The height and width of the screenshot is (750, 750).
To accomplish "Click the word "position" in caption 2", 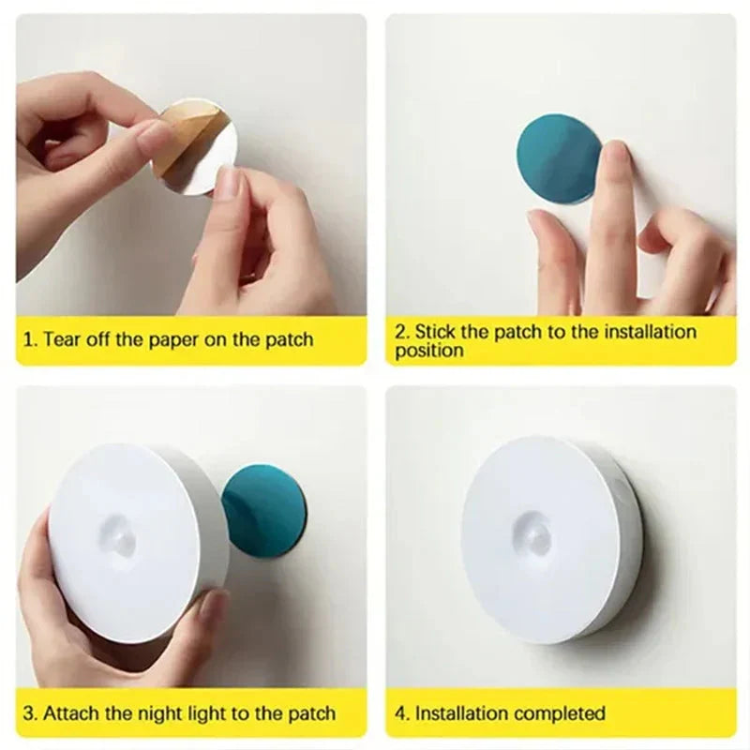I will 428,352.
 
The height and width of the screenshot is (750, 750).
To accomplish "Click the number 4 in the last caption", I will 400,713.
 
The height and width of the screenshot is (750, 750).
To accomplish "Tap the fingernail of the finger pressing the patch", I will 617,155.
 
